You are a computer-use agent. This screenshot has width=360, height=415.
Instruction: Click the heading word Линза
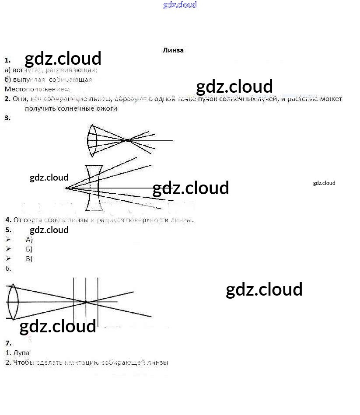click(x=173, y=50)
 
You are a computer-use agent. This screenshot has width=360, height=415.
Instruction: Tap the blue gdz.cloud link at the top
click(x=180, y=5)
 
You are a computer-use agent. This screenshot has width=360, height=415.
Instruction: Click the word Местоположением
click(x=37, y=89)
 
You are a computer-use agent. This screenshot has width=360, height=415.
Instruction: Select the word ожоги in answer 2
click(x=108, y=108)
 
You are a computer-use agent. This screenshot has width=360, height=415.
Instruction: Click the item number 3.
click(x=7, y=118)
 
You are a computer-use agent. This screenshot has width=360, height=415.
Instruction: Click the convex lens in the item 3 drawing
click(x=92, y=140)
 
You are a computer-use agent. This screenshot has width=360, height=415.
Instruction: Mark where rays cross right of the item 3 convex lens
click(x=127, y=140)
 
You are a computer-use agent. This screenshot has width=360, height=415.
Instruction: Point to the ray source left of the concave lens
click(x=66, y=188)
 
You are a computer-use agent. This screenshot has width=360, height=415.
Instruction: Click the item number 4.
click(x=8, y=220)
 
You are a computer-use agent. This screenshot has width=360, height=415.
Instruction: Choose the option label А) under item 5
click(x=29, y=239)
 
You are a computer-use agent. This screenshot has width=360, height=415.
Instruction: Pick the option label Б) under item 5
click(x=29, y=249)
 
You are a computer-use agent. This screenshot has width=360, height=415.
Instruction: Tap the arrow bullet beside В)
click(x=8, y=259)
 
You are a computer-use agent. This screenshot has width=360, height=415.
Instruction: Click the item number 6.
click(x=8, y=269)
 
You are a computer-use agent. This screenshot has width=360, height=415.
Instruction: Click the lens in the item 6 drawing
click(x=13, y=301)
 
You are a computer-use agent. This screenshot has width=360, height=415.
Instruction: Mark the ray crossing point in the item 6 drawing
click(x=86, y=302)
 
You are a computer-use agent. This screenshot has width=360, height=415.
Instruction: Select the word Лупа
click(x=21, y=352)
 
